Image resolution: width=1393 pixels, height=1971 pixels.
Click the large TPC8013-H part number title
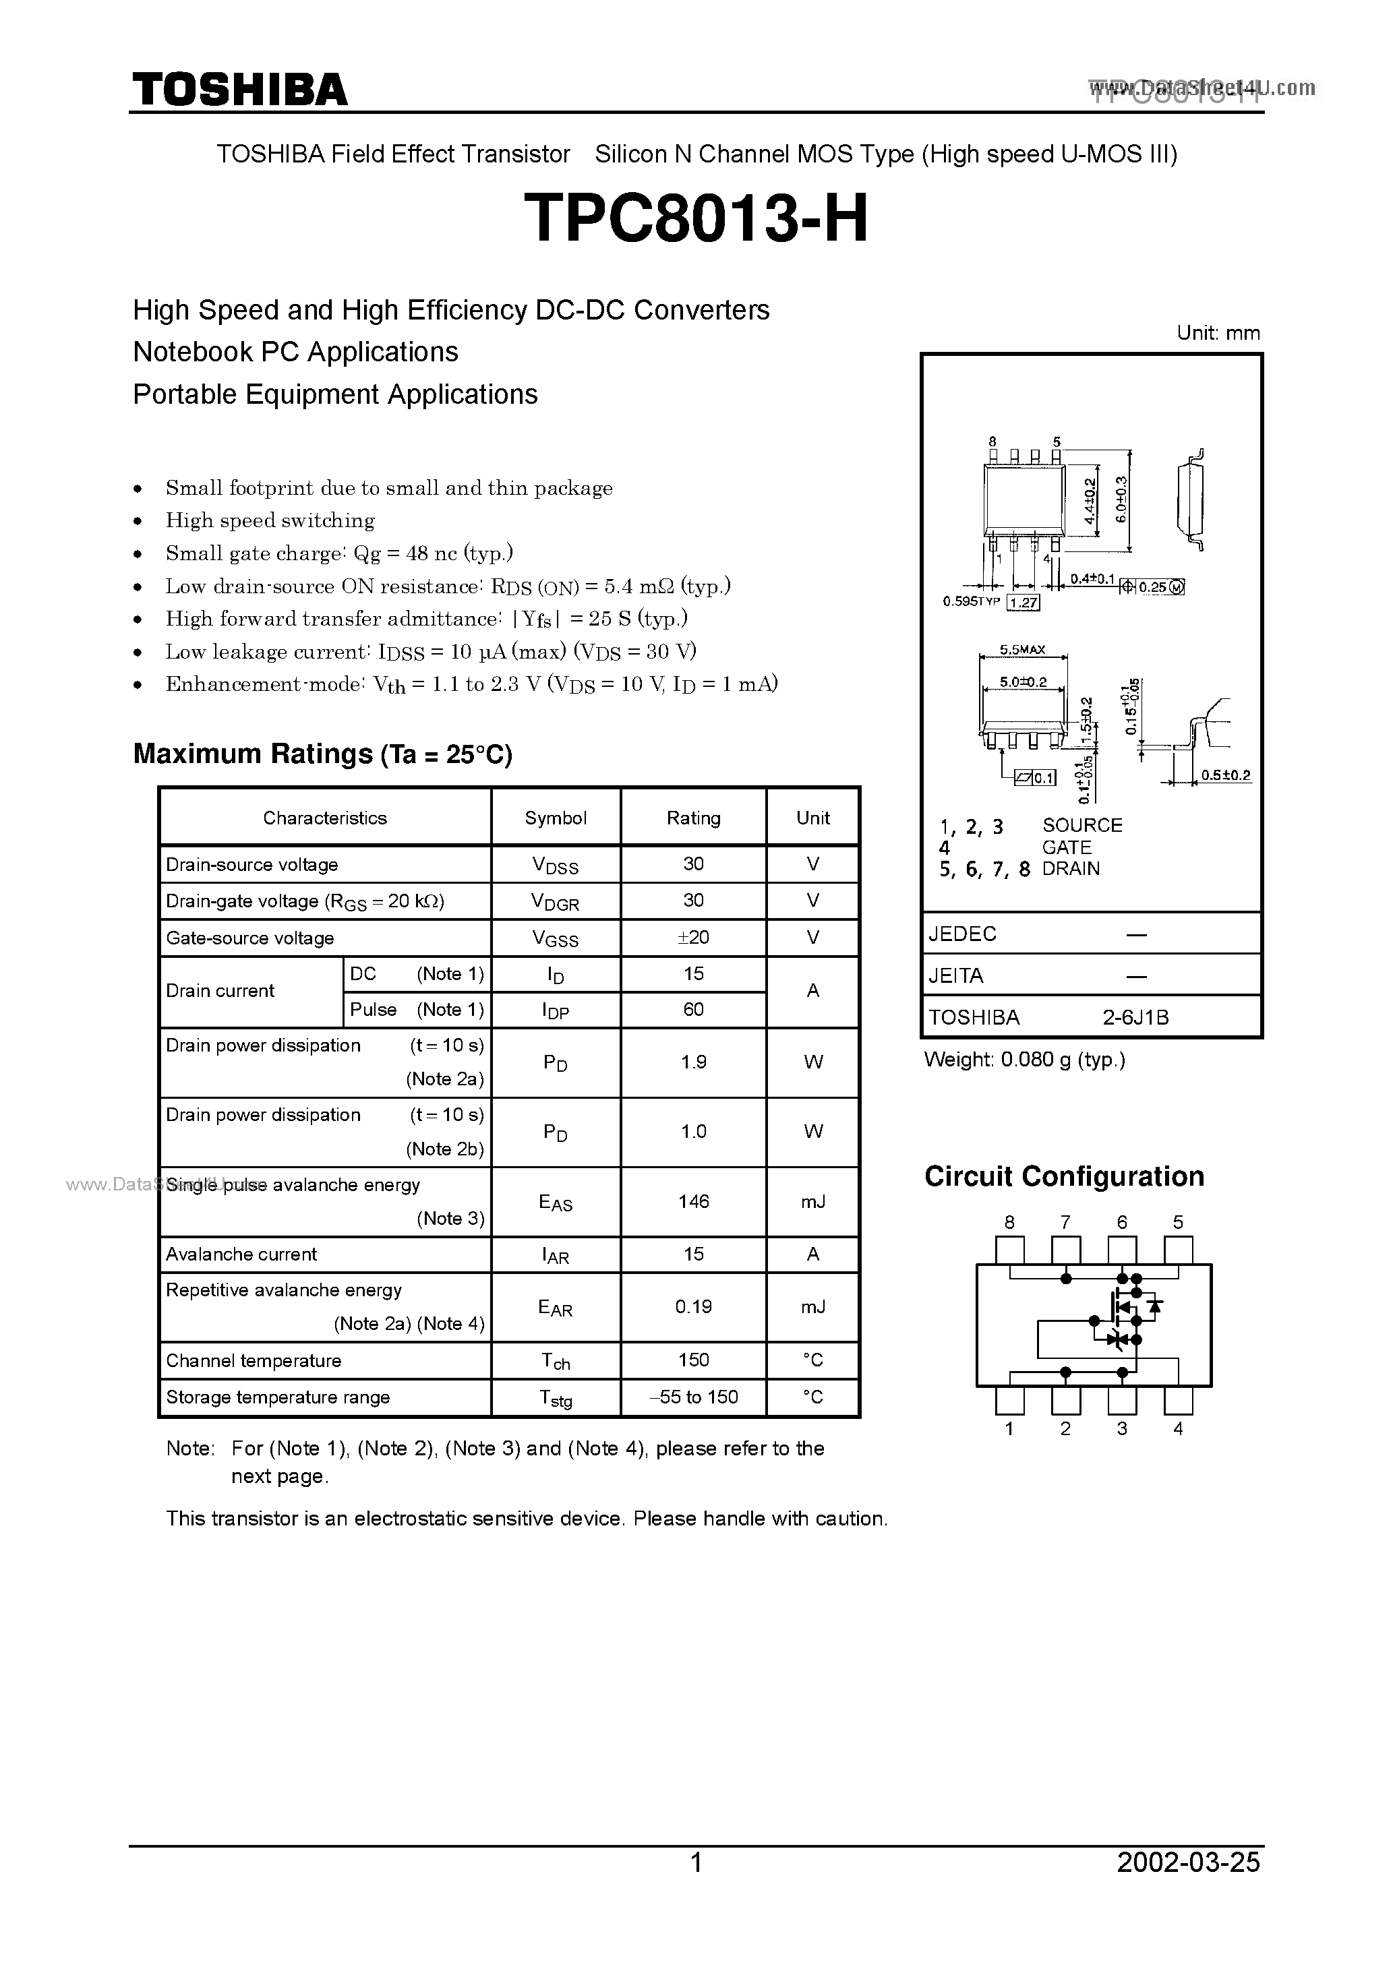[x=696, y=218]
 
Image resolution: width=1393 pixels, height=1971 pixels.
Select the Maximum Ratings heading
[x=322, y=754]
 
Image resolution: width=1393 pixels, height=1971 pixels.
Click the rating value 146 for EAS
[x=693, y=1201]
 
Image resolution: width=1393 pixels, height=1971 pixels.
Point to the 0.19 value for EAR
[x=693, y=1306]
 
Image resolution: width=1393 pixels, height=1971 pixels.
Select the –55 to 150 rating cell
[x=693, y=1397]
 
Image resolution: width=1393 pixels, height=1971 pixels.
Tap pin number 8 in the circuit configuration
[x=1009, y=1221]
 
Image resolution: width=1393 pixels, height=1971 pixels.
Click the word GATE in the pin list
[x=1067, y=847]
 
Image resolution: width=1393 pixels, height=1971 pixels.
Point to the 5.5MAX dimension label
[x=1022, y=650]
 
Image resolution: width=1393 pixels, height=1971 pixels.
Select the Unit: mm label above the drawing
[x=1218, y=333]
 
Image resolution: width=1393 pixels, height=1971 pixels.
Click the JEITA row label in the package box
[x=956, y=975]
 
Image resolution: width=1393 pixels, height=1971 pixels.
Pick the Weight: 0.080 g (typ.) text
[x=1025, y=1060]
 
